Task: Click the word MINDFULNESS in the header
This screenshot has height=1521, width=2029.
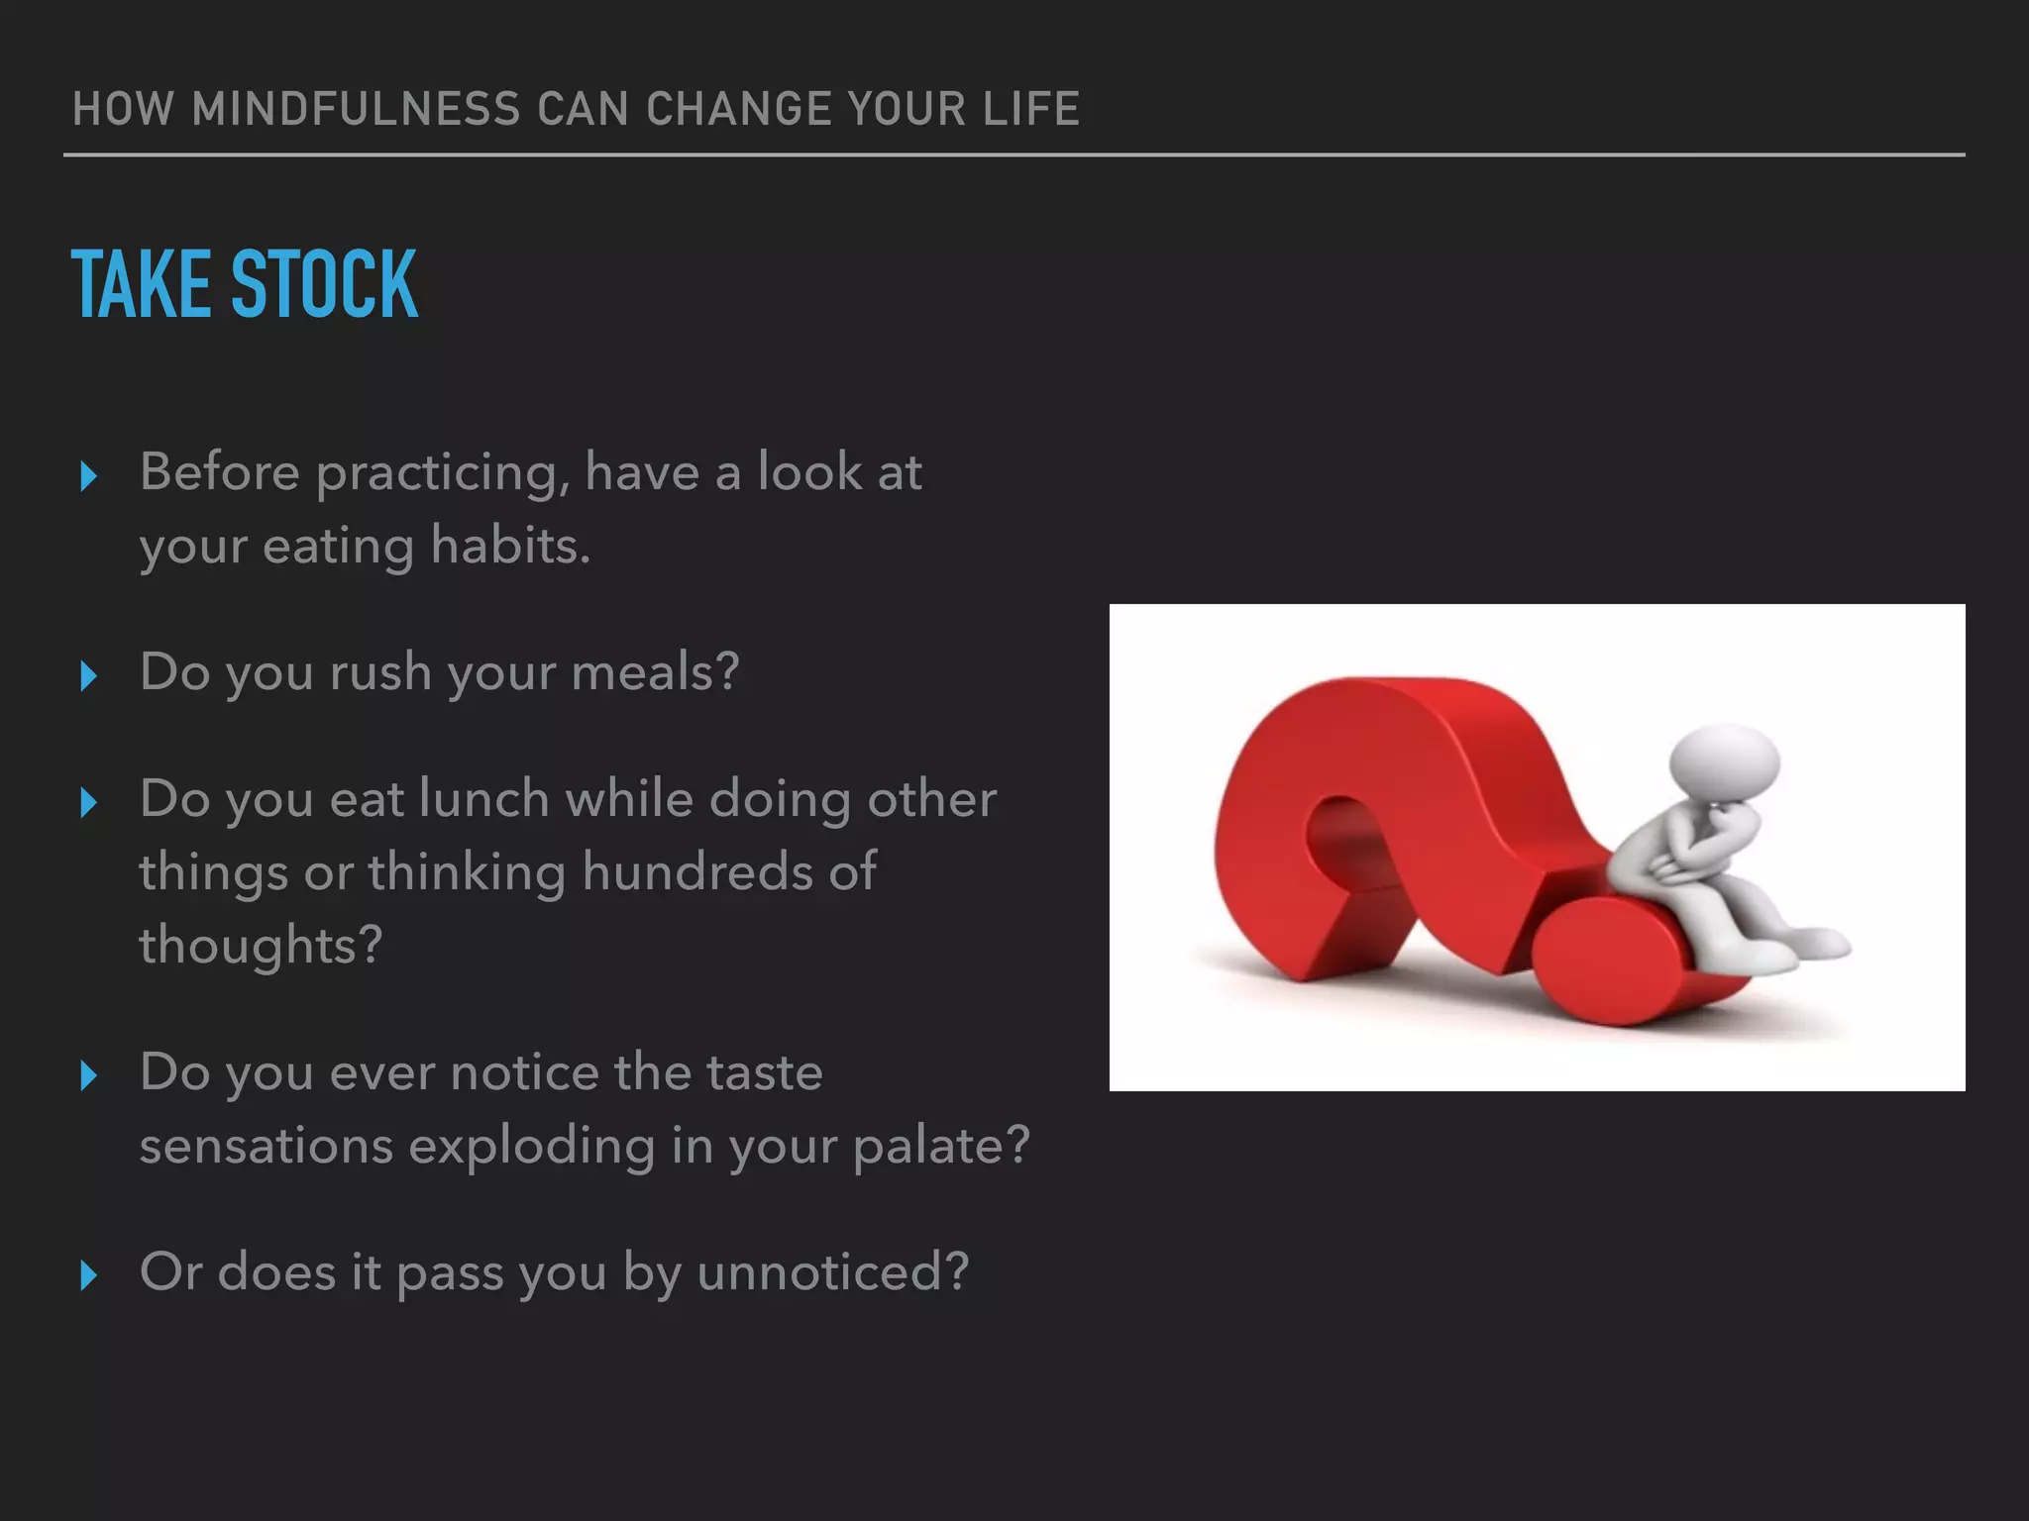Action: click(x=356, y=109)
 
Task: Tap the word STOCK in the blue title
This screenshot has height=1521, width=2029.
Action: click(x=324, y=285)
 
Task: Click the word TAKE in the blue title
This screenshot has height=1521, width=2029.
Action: click(x=141, y=285)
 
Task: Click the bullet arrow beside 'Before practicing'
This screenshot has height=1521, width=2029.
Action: click(x=88, y=476)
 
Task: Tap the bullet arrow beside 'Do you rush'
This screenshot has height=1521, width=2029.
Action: click(x=88, y=676)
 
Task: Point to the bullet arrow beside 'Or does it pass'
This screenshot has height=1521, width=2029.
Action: click(x=88, y=1275)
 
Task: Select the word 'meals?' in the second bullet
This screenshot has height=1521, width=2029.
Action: click(x=655, y=672)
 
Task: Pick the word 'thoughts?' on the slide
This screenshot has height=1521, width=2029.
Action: click(x=260, y=946)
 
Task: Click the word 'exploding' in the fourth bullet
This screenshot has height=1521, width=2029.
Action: click(x=532, y=1147)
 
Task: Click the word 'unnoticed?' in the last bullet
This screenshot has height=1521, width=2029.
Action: click(x=832, y=1272)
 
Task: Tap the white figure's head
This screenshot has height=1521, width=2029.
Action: click(x=1724, y=762)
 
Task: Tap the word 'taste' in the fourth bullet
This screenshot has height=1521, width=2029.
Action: click(x=764, y=1072)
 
